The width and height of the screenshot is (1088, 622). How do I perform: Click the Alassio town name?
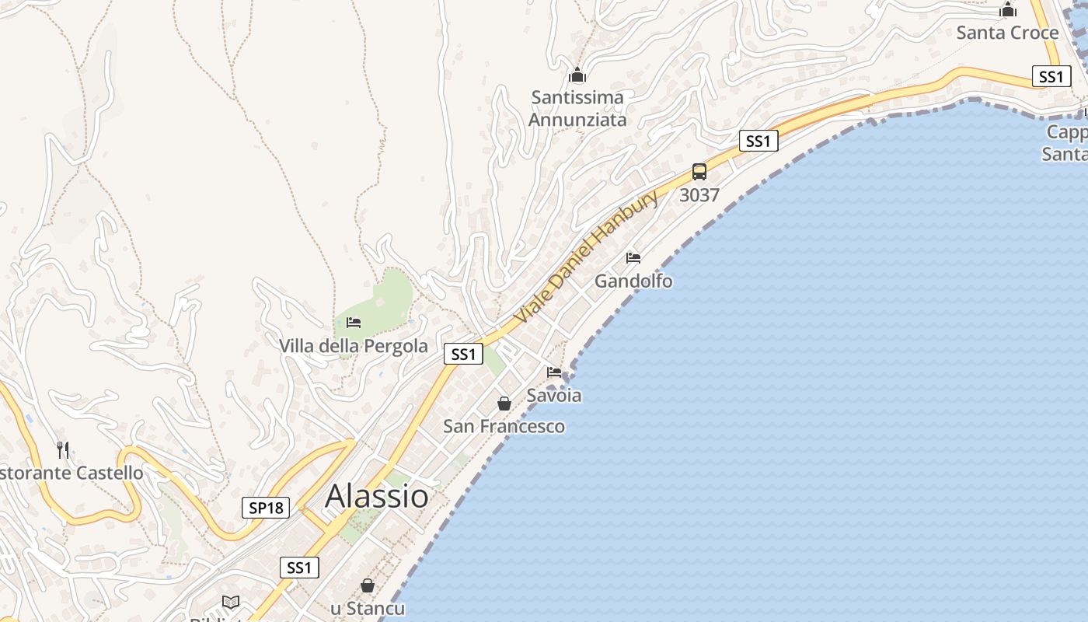[377, 496]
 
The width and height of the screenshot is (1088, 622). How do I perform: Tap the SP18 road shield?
[266, 508]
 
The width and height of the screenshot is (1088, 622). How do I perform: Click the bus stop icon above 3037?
[699, 172]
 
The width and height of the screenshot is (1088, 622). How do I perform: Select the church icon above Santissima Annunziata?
[577, 75]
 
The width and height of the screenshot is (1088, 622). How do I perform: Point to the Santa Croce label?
[1007, 33]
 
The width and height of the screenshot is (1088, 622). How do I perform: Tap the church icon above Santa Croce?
[1008, 10]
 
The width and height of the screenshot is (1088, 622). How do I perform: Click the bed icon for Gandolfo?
[633, 258]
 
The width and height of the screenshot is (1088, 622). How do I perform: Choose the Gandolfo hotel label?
[633, 281]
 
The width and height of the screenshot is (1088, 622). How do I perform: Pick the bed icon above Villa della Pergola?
[354, 323]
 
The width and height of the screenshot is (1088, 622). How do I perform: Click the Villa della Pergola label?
[354, 346]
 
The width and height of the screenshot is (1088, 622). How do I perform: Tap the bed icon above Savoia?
[554, 372]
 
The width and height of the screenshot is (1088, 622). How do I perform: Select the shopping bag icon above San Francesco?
[504, 404]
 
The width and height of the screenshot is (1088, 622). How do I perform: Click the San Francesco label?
[504, 426]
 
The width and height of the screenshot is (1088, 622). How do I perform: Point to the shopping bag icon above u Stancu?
[368, 585]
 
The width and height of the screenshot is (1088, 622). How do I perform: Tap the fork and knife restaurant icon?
[63, 449]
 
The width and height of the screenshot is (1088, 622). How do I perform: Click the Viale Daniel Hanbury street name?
[587, 257]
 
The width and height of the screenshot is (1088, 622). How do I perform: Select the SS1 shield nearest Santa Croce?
[1051, 76]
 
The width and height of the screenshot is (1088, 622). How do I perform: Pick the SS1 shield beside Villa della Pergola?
[463, 354]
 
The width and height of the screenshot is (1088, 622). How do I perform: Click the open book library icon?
[231, 602]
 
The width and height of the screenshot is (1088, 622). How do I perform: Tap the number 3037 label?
[699, 195]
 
